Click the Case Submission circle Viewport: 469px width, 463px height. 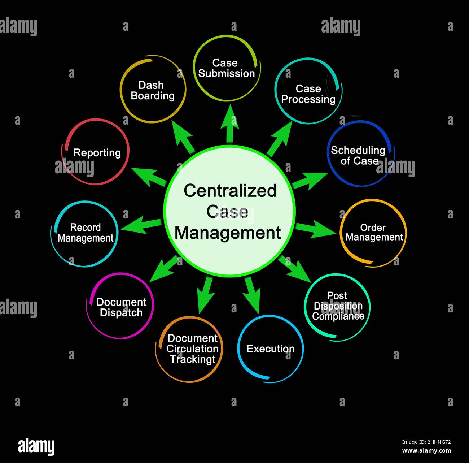point(226,68)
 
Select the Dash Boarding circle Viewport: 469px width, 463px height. point(153,90)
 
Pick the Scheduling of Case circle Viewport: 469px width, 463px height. point(359,155)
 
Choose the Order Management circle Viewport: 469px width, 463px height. point(373,232)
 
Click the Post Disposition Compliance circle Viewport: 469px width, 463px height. point(338,306)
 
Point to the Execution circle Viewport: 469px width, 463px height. point(270,349)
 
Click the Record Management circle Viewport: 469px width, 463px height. point(85,233)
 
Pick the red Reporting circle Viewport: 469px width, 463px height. point(97,152)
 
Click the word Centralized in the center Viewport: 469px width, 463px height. point(230,191)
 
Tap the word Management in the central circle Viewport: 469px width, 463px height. point(228,233)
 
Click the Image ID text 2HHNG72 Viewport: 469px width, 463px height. point(426,442)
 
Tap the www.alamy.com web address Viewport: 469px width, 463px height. point(426,451)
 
